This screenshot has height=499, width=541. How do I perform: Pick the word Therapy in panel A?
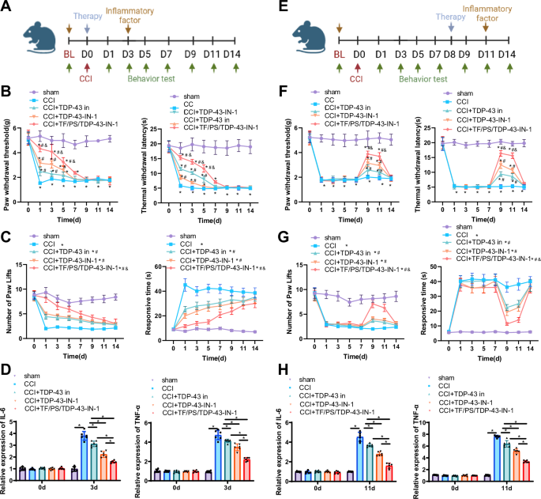coord(88,16)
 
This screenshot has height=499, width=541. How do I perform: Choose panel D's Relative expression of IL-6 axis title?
coord(8,411)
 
